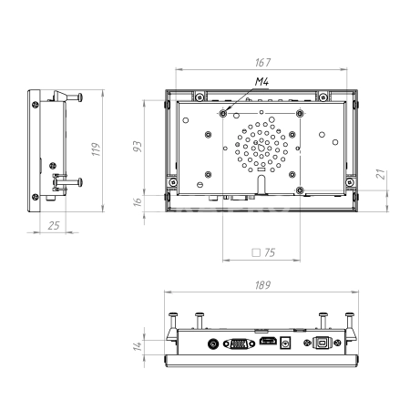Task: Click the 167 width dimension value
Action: tap(262, 63)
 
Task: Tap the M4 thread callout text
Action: tap(261, 81)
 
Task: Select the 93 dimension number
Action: tap(138, 147)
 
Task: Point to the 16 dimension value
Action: tap(138, 202)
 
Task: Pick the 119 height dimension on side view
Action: tap(96, 149)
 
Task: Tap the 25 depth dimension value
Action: tap(54, 226)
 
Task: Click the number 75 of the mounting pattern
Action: tap(270, 252)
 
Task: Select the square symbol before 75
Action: tap(256, 252)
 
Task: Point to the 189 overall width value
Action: tap(262, 285)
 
